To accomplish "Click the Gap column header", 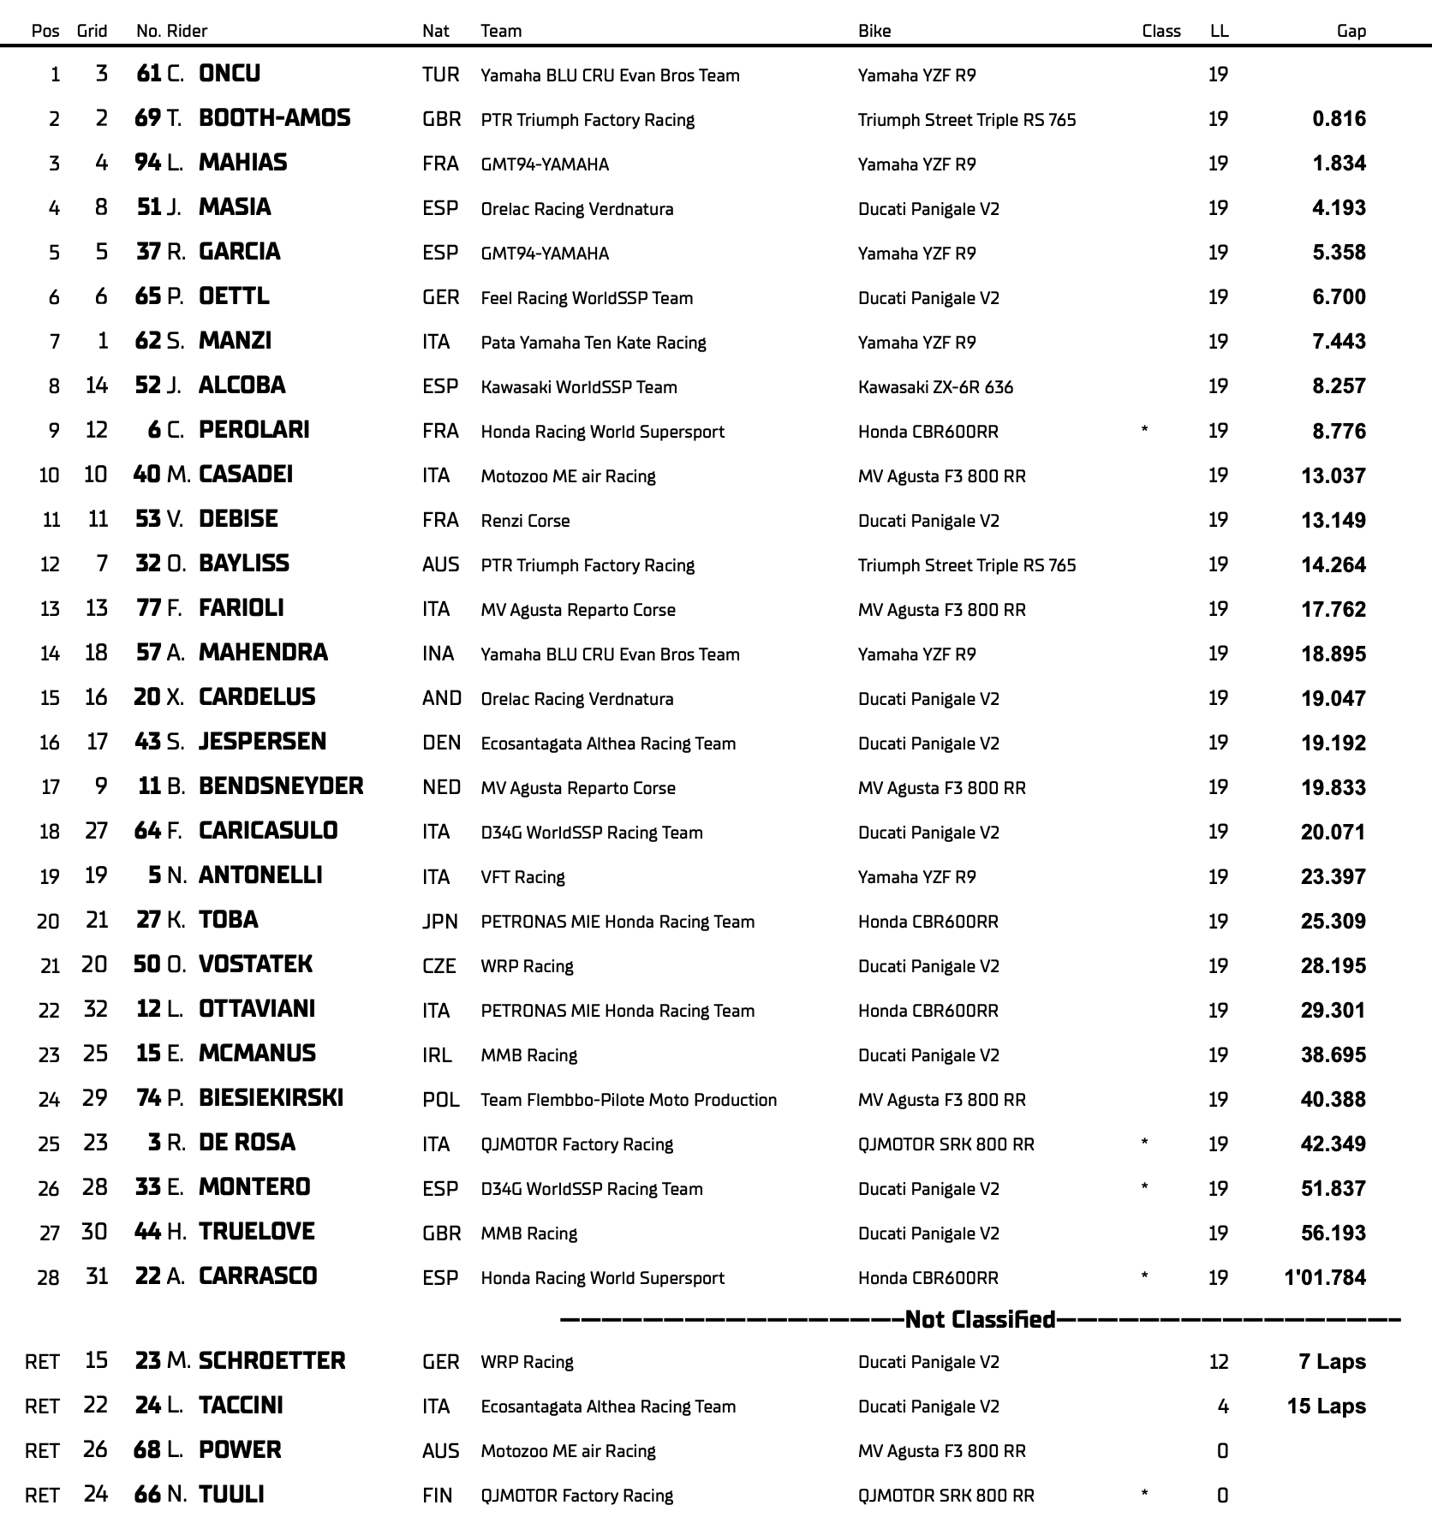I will coord(1351,31).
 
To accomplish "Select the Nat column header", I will coord(435,31).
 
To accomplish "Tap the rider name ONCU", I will coord(230,74).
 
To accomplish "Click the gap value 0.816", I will coord(1339,119).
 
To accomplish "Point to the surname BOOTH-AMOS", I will coord(274,118).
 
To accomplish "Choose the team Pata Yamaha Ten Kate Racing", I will coord(593,343).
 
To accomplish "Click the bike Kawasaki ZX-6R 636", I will coord(935,387).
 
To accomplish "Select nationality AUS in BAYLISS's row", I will coord(440,565).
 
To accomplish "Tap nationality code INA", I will coord(438,654).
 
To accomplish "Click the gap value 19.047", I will coord(1333,699).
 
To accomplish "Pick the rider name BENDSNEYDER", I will coord(281,786).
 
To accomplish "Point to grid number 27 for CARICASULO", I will coord(96,831).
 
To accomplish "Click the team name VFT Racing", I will coord(522,877).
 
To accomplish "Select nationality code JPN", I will coord(439,922).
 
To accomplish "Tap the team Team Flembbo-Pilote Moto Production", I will coord(629,1100).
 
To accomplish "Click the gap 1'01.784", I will coord(1325,1278).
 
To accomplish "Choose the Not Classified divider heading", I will coord(980,1319).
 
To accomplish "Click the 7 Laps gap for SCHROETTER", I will coord(1332,1362).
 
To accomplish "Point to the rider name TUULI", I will coord(231,1495).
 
